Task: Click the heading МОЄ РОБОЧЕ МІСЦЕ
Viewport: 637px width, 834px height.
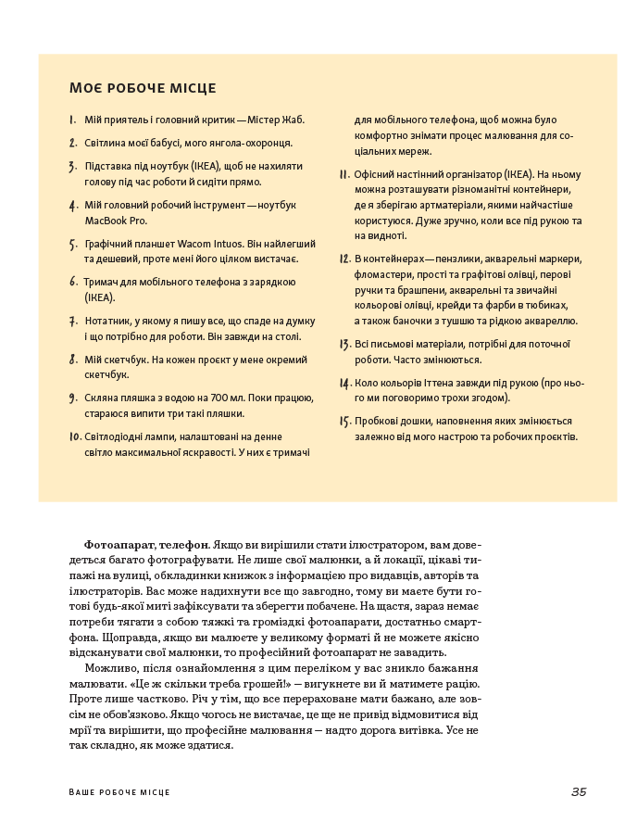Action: pyautogui.click(x=143, y=88)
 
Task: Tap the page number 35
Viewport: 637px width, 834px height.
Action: pyautogui.click(x=579, y=791)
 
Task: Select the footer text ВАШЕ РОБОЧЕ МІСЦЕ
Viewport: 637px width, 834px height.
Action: pyautogui.click(x=119, y=792)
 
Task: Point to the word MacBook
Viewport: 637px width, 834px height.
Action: pyautogui.click(x=106, y=221)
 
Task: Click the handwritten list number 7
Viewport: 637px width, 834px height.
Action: pyautogui.click(x=72, y=322)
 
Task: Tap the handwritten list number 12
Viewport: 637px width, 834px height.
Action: pyautogui.click(x=343, y=259)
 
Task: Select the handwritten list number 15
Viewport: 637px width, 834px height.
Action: pyautogui.click(x=343, y=421)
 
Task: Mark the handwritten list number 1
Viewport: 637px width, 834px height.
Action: pyautogui.click(x=72, y=120)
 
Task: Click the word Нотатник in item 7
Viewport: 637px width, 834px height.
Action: pyautogui.click(x=106, y=320)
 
